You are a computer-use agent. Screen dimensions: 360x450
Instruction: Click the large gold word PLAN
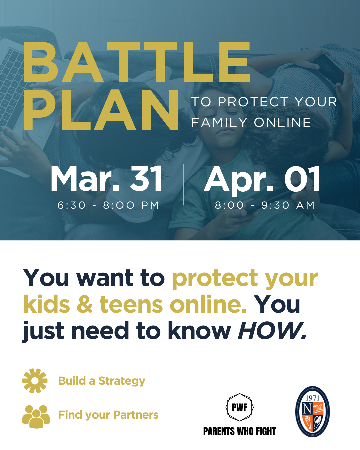point(101,110)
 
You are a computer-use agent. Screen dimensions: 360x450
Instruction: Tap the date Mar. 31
point(106,178)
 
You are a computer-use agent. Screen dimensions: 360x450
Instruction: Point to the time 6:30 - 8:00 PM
point(108,205)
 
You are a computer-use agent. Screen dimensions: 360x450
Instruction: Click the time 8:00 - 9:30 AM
point(265,205)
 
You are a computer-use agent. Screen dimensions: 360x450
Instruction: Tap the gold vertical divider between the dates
point(183,184)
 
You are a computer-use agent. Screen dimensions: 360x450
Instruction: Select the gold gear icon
point(35,381)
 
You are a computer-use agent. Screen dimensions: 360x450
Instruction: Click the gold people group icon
point(36,417)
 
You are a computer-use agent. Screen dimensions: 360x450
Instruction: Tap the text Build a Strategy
point(102,381)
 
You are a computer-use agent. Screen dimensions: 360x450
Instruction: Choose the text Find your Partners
point(108,415)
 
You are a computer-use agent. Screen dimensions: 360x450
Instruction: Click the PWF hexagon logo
point(240,407)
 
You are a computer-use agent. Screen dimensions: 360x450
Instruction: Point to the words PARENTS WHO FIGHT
point(240,431)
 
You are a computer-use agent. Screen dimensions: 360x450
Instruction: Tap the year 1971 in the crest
point(313,398)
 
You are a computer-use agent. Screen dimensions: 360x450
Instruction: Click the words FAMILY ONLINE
point(251,123)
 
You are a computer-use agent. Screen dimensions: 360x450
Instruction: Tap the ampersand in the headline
point(85,304)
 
